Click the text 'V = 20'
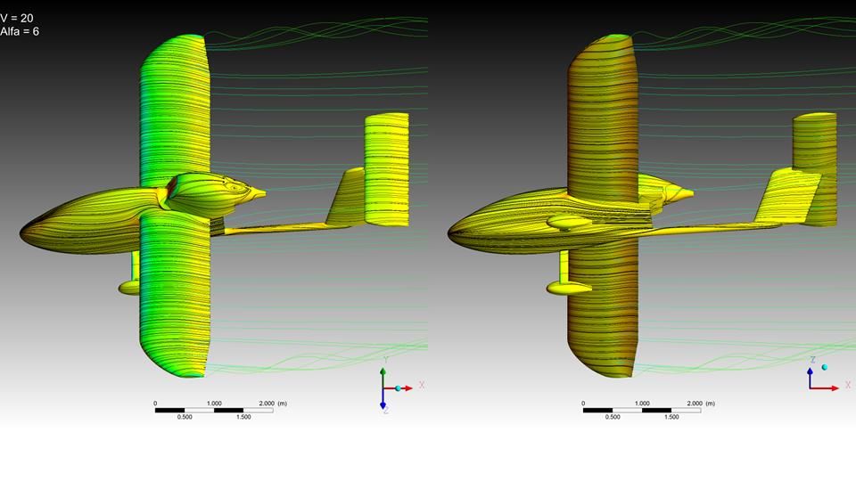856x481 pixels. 16,19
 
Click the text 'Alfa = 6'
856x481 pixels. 19,32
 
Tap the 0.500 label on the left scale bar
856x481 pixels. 185,417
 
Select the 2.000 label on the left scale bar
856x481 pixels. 267,404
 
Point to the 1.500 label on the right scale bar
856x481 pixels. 671,417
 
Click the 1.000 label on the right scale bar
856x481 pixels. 642,404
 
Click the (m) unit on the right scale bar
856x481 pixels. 710,404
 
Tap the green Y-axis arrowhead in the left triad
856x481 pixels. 383,371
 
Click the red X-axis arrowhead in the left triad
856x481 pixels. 408,388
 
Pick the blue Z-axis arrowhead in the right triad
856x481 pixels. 811,371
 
